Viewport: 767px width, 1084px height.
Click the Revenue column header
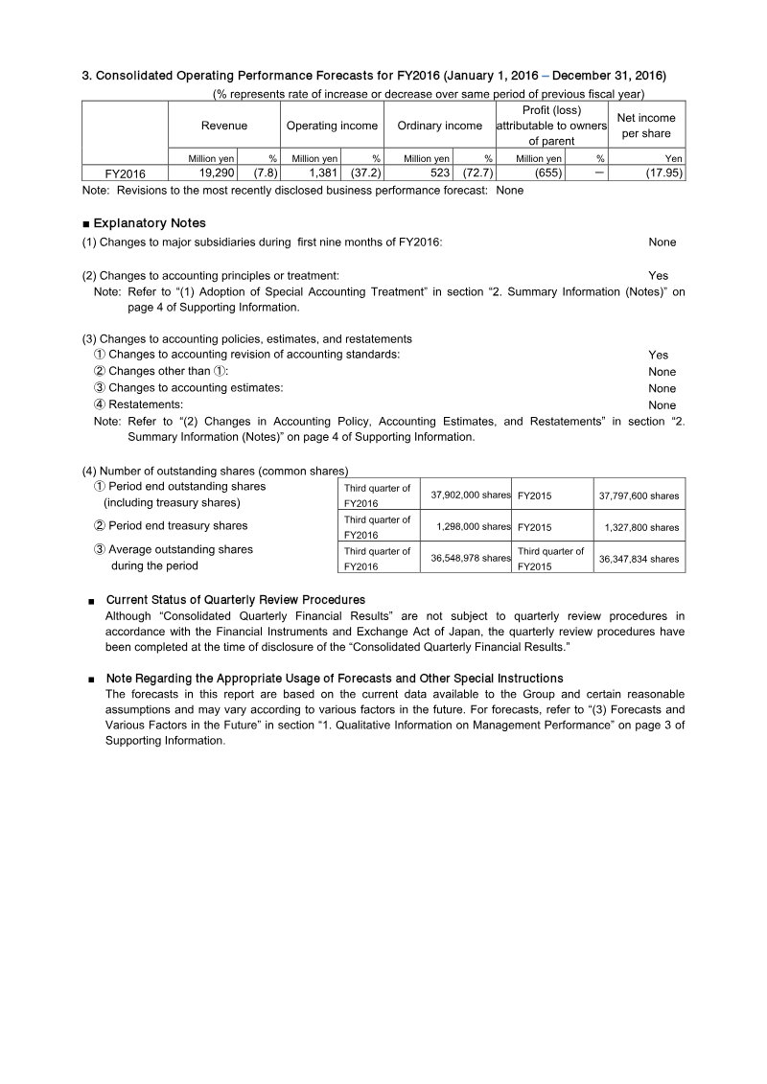pyautogui.click(x=223, y=126)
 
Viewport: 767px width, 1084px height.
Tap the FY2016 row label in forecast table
pyautogui.click(x=126, y=174)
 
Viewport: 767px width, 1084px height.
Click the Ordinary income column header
pyautogui.click(x=439, y=126)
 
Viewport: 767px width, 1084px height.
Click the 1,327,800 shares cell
pyautogui.click(x=639, y=527)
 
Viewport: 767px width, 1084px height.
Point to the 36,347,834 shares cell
pyautogui.click(x=639, y=559)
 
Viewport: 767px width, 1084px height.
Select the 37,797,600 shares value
pyautogui.click(x=639, y=496)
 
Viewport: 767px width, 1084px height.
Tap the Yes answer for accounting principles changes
pyautogui.click(x=658, y=276)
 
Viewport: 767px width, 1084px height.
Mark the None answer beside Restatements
pyautogui.click(x=662, y=405)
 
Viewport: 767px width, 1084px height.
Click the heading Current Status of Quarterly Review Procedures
pyautogui.click(x=235, y=600)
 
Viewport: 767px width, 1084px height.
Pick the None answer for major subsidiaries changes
pyautogui.click(x=662, y=242)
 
